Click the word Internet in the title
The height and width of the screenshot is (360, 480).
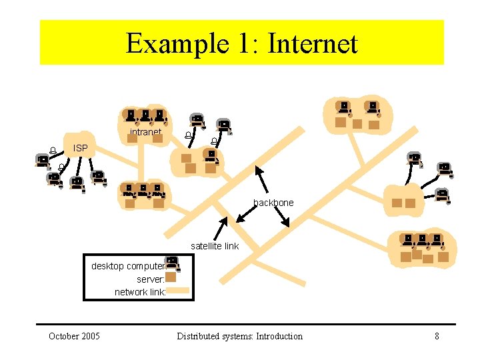313,43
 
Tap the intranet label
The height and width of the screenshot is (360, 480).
145,132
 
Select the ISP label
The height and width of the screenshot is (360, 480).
80,147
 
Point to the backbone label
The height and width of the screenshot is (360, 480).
273,203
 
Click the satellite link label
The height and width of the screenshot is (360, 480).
214,246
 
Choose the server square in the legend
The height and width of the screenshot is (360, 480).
171,277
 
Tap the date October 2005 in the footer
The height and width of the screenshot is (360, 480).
74,336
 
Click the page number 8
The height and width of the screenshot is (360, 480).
437,336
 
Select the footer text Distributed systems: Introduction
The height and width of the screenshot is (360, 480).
239,336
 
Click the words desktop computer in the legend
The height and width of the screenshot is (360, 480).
127,266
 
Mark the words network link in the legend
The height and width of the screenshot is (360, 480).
139,292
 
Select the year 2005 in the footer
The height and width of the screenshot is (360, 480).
89,336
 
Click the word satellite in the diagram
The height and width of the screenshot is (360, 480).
205,246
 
